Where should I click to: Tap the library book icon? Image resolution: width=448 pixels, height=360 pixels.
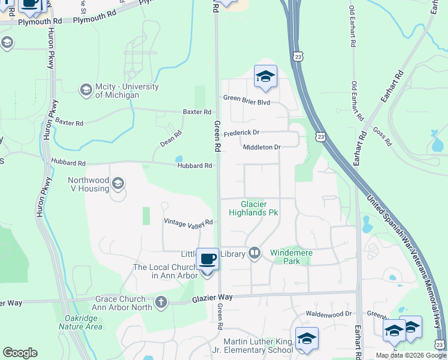pos(255,253)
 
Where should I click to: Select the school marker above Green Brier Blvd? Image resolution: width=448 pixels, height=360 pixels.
pos(265,76)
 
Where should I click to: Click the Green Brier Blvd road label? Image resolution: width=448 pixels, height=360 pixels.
pos(247,102)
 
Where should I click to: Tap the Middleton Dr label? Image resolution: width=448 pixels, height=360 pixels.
pos(262,147)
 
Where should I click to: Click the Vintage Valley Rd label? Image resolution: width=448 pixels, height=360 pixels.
pos(189,222)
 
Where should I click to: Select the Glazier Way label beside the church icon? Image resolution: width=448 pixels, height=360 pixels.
pos(212,298)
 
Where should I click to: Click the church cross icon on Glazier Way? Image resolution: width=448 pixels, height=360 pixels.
pos(161,302)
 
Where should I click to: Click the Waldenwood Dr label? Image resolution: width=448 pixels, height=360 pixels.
pos(328,314)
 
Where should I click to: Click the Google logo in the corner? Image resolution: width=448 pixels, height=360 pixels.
pos(20,353)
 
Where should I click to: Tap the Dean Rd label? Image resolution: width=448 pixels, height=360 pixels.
pos(171,139)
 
